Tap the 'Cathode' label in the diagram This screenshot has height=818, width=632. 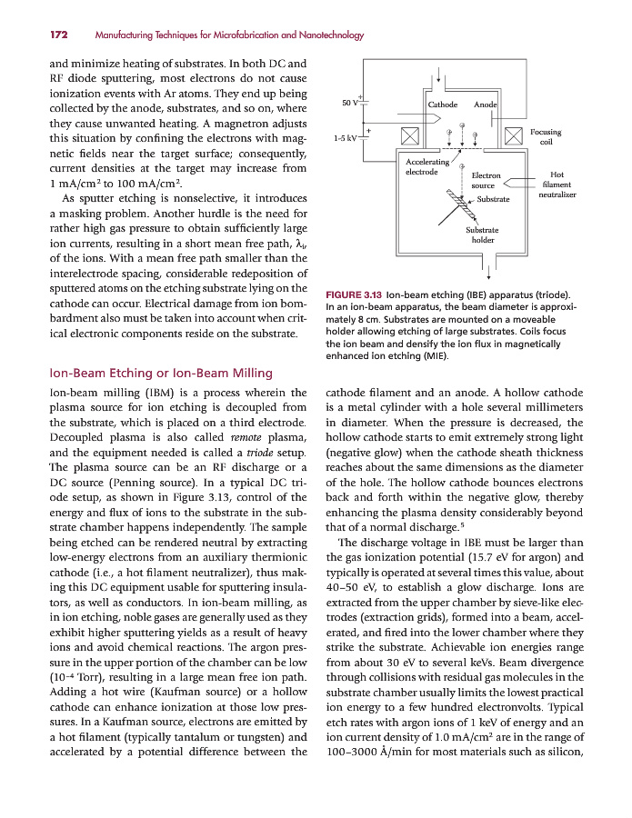tap(443, 105)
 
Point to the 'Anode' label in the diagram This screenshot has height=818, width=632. tap(486, 105)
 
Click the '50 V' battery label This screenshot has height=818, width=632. tap(349, 103)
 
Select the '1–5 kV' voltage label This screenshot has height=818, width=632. tap(345, 138)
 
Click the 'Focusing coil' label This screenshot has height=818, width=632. tap(546, 137)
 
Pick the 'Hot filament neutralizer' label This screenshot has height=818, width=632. tap(557, 185)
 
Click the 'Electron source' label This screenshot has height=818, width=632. tap(486, 181)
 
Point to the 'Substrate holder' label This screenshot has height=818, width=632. tap(482, 235)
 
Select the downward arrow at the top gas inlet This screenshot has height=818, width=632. tap(440, 72)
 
